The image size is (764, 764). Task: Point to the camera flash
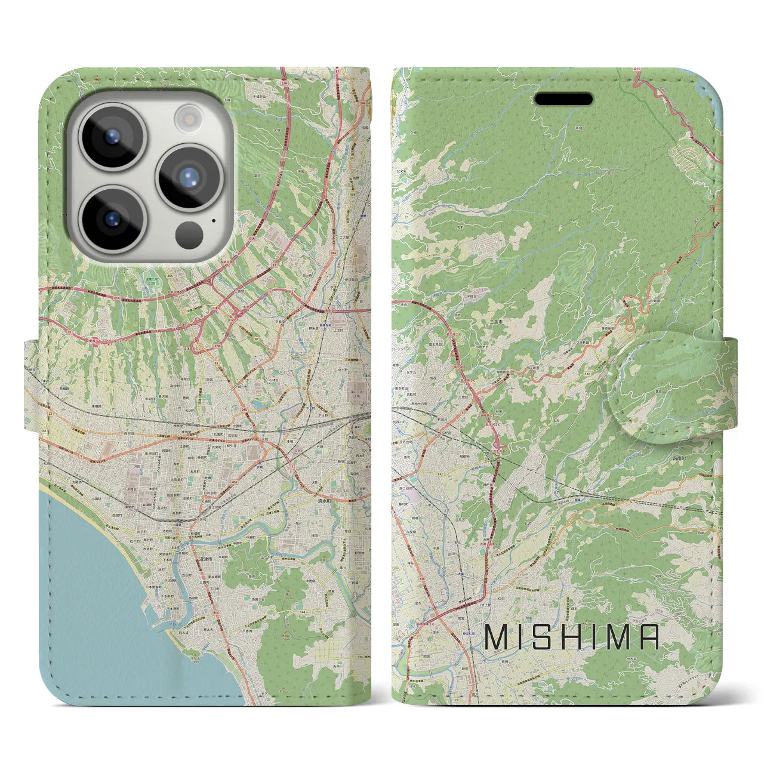189,117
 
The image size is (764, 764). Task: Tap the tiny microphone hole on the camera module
213,220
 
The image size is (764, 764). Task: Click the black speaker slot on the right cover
563,99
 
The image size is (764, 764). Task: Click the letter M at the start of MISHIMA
497,637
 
